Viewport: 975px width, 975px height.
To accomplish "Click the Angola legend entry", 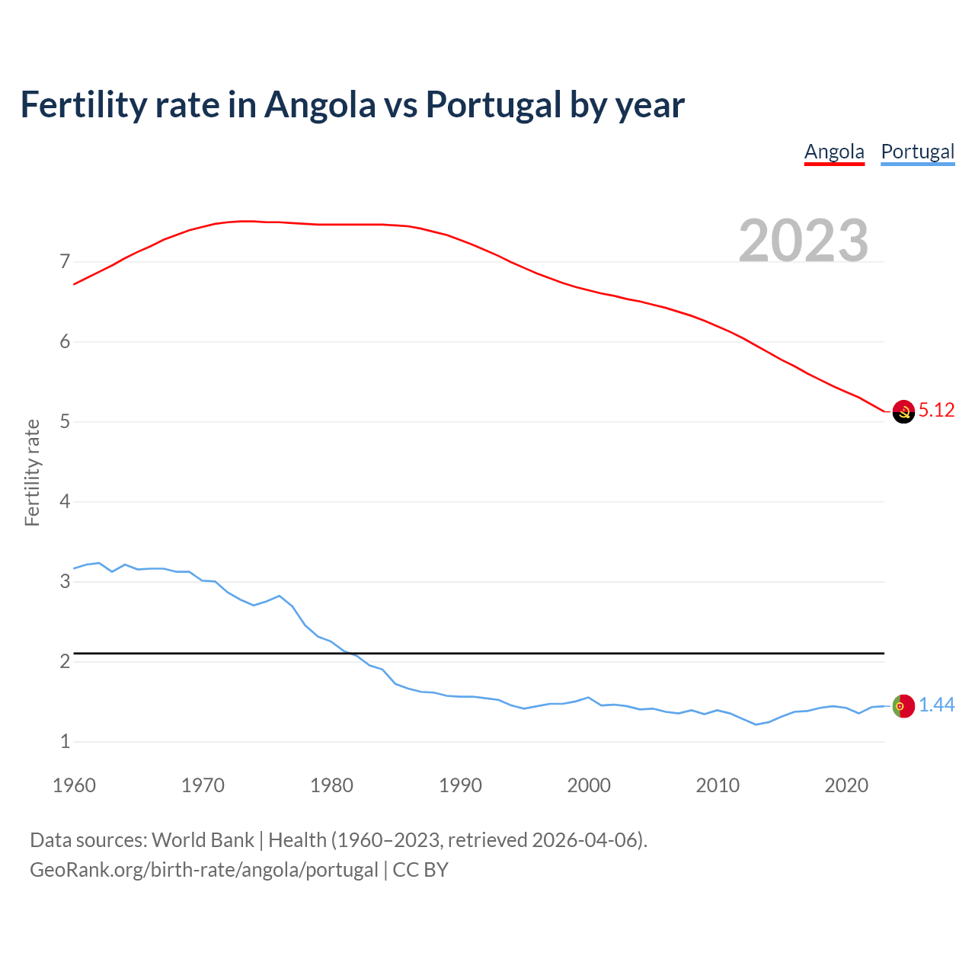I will tap(834, 152).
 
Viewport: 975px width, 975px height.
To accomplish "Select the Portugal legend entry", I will tap(917, 152).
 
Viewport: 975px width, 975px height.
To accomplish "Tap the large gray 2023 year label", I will tap(803, 241).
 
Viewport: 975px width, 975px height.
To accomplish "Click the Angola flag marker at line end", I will tap(903, 411).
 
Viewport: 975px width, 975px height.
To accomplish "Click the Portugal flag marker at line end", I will tap(903, 706).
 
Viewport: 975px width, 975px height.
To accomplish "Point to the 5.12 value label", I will tap(936, 411).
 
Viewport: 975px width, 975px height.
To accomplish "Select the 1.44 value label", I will tap(936, 705).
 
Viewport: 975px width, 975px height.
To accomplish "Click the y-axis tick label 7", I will tap(65, 262).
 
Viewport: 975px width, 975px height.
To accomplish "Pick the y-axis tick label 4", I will tap(65, 502).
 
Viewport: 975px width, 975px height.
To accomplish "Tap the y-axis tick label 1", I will tap(65, 741).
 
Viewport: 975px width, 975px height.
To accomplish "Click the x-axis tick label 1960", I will tap(74, 785).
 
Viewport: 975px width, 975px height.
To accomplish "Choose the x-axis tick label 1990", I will tap(460, 785).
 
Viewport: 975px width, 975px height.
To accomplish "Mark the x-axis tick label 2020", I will tap(846, 785).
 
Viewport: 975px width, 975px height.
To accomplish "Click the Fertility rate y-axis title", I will tap(32, 472).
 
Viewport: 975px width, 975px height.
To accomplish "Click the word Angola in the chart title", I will tap(320, 105).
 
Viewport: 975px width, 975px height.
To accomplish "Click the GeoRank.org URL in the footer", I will tap(203, 870).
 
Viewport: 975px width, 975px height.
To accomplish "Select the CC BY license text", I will tap(420, 870).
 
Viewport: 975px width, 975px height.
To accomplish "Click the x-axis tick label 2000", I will tap(589, 785).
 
